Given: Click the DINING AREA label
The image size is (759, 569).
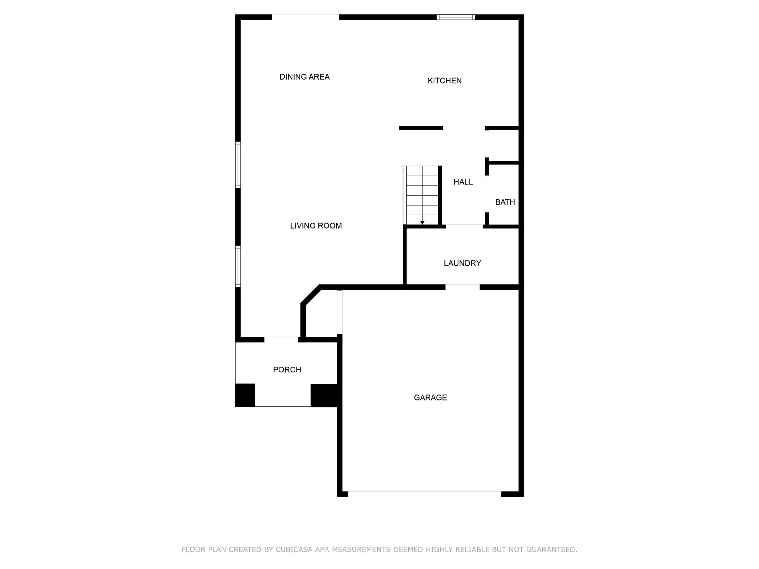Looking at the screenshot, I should point(304,77).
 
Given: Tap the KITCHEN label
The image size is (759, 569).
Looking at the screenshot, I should point(444,81).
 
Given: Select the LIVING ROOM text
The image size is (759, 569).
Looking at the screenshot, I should point(316,226).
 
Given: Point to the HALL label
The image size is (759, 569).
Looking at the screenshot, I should point(463,182).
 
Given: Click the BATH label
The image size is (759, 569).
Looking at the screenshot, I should point(505,202).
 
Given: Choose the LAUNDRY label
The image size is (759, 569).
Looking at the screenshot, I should point(462,263).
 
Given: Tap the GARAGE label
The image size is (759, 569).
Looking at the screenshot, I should point(430,397).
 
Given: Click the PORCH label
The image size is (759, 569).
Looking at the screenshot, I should point(287,370).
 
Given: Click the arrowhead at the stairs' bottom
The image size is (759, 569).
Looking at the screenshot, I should point(422,223).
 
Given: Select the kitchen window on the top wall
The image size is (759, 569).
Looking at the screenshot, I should point(455,17).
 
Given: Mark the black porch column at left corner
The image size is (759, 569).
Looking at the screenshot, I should point(245,395).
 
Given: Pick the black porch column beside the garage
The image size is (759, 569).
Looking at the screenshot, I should point(324,395).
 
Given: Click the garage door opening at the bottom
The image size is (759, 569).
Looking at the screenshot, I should point(424,494).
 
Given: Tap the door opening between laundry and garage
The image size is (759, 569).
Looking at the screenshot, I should point(462,287).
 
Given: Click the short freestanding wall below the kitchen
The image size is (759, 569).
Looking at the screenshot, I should point(421,128).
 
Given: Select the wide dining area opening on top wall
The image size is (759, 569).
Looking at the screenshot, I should point(305,17).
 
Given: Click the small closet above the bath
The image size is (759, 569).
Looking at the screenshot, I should point(504,145).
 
